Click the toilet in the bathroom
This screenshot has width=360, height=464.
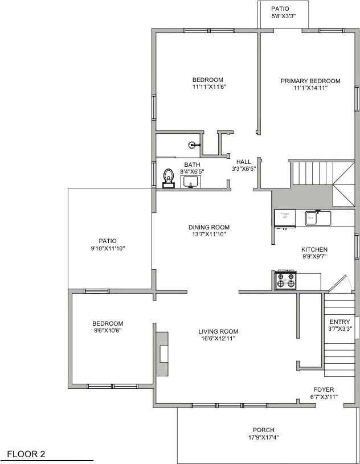point(168,178)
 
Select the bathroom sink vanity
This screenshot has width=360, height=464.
point(190,182)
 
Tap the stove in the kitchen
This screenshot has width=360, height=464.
point(285,280)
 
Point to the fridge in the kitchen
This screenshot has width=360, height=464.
point(285,217)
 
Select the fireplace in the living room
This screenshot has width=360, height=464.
point(162,354)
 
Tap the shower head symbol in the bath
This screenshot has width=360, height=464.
point(193,145)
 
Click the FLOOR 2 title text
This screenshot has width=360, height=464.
point(26,454)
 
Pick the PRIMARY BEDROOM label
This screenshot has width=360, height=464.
point(310,81)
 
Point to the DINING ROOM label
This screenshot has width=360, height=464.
point(209,227)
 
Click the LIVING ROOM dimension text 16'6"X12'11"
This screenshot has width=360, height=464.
point(218,338)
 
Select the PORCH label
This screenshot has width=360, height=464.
point(264,430)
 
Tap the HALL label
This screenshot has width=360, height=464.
point(244,162)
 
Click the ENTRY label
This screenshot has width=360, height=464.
point(340,322)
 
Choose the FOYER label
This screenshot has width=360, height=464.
point(324,389)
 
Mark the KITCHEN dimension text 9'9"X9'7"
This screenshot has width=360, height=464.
point(314,256)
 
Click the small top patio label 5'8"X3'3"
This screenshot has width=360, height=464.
point(280,16)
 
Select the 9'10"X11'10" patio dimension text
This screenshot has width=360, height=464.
point(107,248)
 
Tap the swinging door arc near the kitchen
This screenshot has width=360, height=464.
point(340,283)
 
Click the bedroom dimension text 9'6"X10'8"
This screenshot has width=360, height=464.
point(108,330)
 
